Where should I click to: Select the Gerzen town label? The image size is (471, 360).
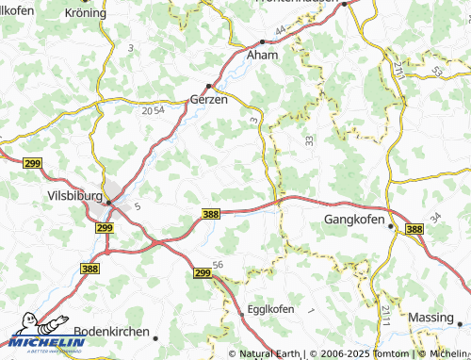(x=210, y=99)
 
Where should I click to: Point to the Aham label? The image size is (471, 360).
(x=262, y=56)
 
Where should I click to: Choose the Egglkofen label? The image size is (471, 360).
(x=270, y=308)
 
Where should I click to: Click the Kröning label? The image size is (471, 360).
(x=86, y=12)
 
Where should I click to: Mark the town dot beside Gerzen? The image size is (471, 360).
(x=209, y=85)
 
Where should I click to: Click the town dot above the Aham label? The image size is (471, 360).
(x=262, y=41)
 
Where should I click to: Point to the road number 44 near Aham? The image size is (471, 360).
(x=281, y=31)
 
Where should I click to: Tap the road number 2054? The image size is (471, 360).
(x=153, y=110)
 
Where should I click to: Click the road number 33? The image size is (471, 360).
(x=308, y=139)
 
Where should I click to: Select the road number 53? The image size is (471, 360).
(x=434, y=71)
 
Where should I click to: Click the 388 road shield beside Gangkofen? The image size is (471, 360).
(x=414, y=229)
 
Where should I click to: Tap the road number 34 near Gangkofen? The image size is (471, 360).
(x=434, y=218)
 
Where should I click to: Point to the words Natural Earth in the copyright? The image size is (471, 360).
(x=270, y=354)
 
